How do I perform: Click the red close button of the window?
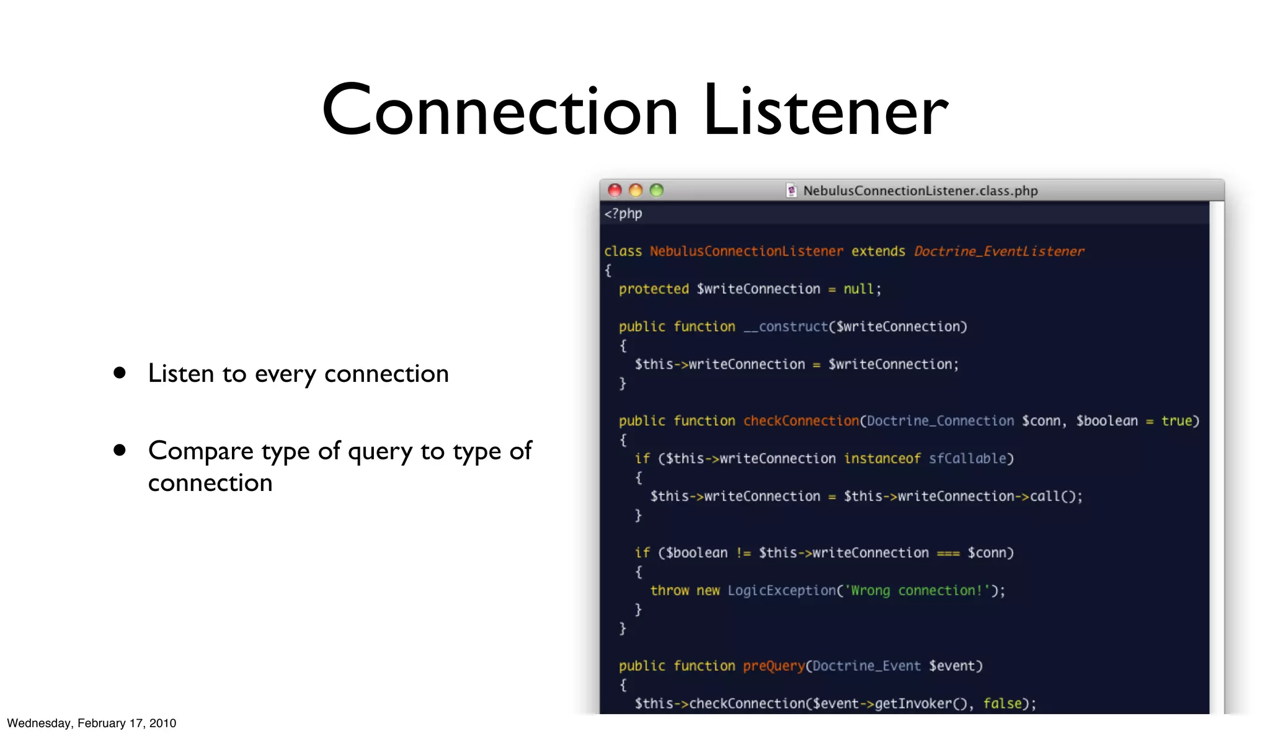pyautogui.click(x=615, y=190)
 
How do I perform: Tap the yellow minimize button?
pyautogui.click(x=636, y=190)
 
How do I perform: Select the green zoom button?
pyautogui.click(x=657, y=190)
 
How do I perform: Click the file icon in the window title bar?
pyautogui.click(x=791, y=190)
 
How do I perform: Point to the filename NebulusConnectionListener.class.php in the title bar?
pyautogui.click(x=920, y=191)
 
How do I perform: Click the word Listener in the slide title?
pyautogui.click(x=825, y=112)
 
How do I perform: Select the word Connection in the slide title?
pyautogui.click(x=500, y=112)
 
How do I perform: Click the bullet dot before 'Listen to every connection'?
pyautogui.click(x=120, y=373)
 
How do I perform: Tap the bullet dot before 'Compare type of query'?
pyautogui.click(x=120, y=450)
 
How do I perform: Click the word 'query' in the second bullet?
pyautogui.click(x=380, y=451)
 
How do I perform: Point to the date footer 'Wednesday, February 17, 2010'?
pyautogui.click(x=92, y=723)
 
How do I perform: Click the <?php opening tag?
pyautogui.click(x=623, y=214)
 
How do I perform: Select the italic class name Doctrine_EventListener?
pyautogui.click(x=999, y=251)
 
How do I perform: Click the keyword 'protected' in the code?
pyautogui.click(x=654, y=289)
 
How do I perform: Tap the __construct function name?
pyautogui.click(x=786, y=327)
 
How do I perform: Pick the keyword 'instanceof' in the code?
pyautogui.click(x=882, y=459)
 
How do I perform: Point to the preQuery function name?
pyautogui.click(x=774, y=666)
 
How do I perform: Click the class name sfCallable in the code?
pyautogui.click(x=967, y=459)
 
